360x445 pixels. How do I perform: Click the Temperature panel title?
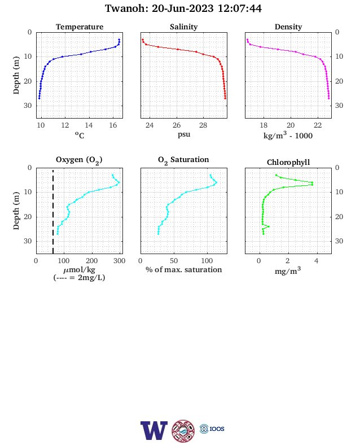[80, 27]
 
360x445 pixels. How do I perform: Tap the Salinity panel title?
[184, 27]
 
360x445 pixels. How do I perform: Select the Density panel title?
[288, 27]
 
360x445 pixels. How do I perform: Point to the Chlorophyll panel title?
[288, 162]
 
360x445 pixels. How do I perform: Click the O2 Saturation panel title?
[183, 160]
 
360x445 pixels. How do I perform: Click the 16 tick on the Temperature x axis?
[113, 125]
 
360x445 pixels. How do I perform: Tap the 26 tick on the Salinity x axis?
[177, 125]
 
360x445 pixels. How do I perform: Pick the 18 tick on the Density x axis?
[264, 125]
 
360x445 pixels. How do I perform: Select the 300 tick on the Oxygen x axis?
[119, 261]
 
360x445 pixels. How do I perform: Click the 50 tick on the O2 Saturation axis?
[174, 261]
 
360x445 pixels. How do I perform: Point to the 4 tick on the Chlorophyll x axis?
[317, 261]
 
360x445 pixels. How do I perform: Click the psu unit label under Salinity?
[184, 134]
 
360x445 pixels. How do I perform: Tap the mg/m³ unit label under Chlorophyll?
[288, 271]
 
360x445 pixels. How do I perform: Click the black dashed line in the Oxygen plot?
[53, 211]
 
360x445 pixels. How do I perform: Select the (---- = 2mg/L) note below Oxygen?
[79, 277]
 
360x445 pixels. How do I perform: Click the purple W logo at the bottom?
[153, 430]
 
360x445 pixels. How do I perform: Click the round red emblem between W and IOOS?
[183, 431]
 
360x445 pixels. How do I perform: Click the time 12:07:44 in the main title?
[239, 8]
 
